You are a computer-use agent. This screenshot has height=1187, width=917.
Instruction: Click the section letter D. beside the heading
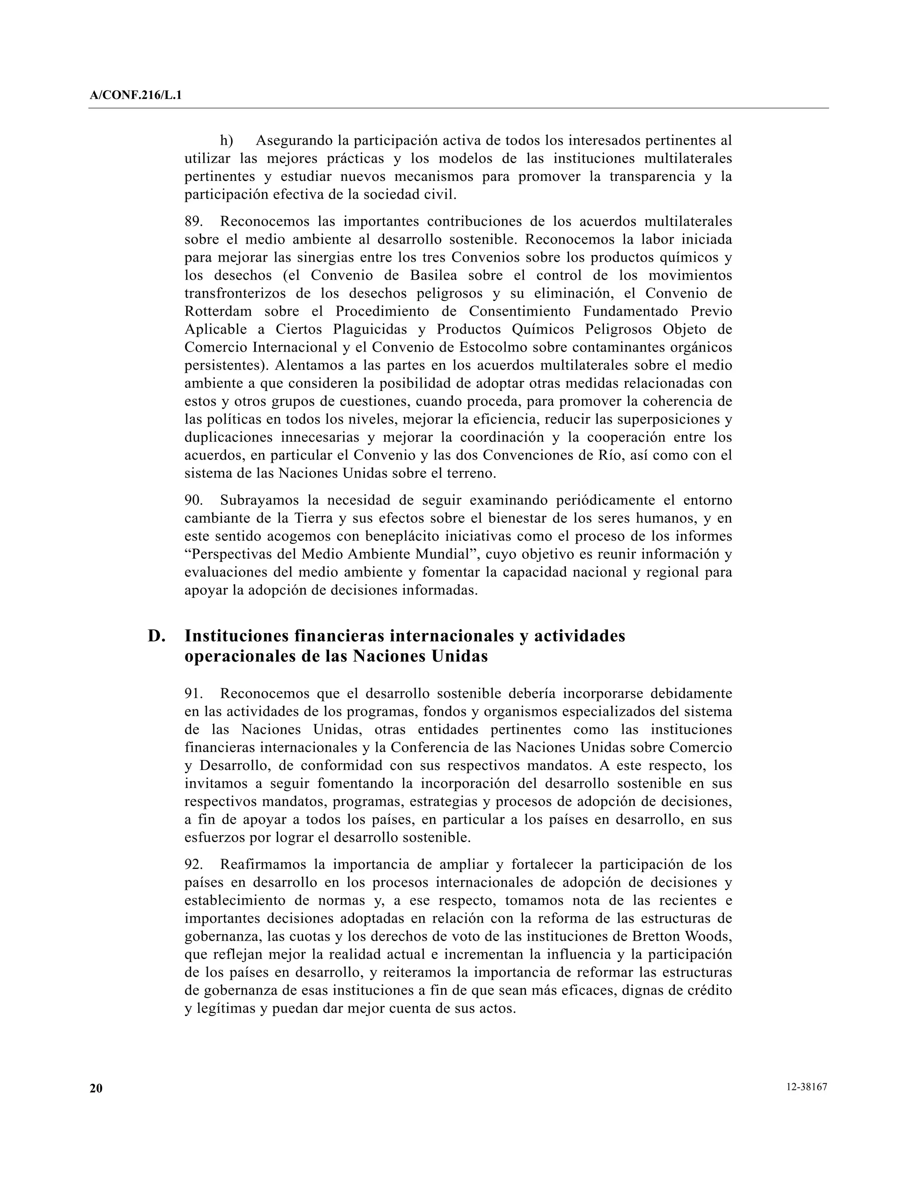coord(156,636)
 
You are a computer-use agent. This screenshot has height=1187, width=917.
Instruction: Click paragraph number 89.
coord(193,222)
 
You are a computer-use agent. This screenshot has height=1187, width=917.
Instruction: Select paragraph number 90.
coord(193,500)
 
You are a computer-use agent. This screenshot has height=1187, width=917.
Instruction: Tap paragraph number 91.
coord(193,693)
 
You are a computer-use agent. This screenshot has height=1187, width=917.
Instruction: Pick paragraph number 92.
coord(193,864)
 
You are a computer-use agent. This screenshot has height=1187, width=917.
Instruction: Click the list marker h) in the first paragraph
coord(227,141)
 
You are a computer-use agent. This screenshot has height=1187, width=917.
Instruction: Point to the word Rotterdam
coord(219,311)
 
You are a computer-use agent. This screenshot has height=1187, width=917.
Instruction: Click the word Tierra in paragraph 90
coord(313,518)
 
